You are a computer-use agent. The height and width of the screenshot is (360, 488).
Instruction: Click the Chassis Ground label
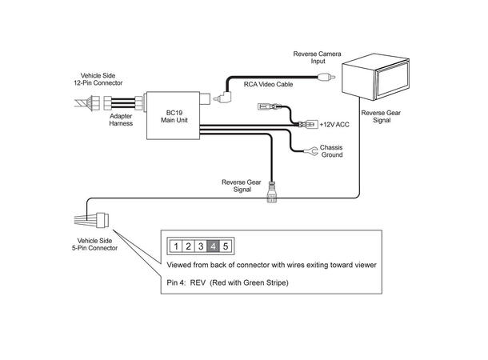point(331,150)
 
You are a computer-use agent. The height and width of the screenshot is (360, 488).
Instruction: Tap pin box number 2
point(188,246)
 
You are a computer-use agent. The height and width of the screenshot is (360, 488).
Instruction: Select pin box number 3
point(201,246)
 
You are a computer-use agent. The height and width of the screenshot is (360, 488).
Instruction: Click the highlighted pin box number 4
point(214,246)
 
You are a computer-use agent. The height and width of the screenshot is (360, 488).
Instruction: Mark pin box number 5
point(226,246)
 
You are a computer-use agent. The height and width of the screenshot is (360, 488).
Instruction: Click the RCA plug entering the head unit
point(326,78)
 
